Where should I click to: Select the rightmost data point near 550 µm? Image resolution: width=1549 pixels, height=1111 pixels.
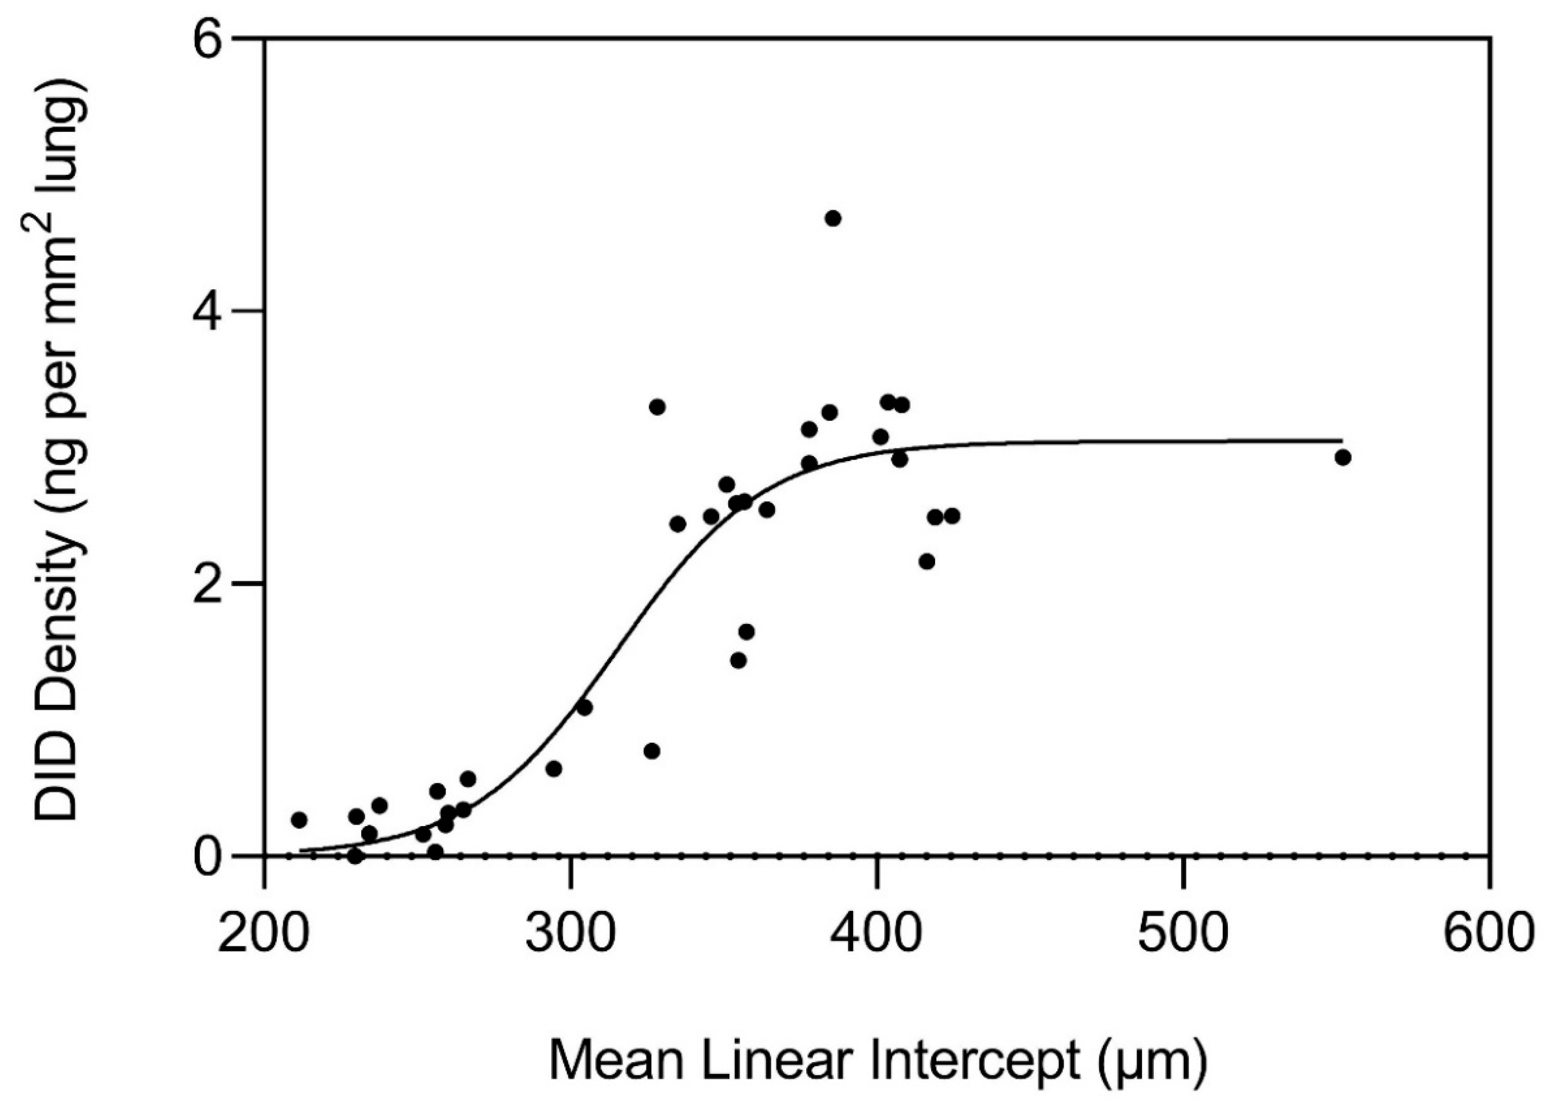coord(1343,458)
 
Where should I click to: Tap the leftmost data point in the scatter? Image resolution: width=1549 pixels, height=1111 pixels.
coord(299,820)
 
